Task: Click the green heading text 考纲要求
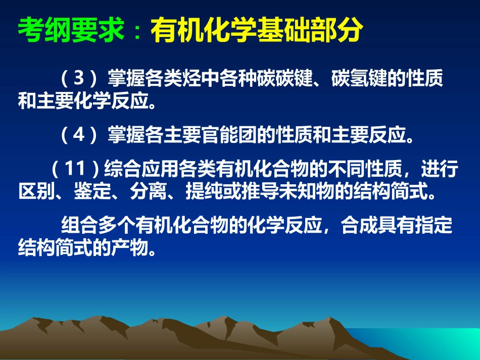(x=71, y=31)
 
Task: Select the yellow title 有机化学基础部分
(x=256, y=31)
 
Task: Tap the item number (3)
(x=78, y=79)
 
